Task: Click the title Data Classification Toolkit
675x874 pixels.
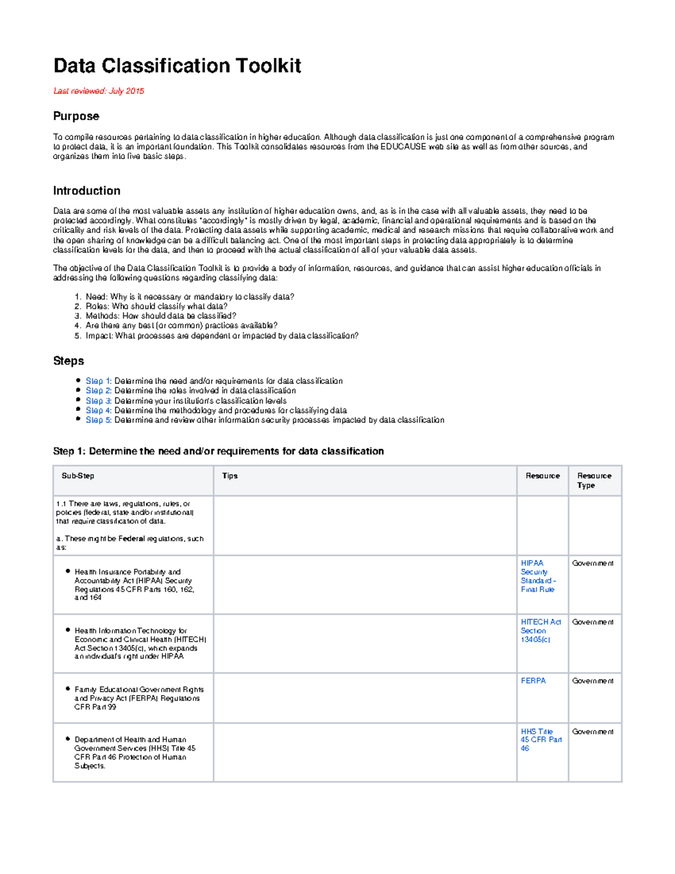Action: tap(177, 66)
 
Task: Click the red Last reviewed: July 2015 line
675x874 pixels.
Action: tap(98, 91)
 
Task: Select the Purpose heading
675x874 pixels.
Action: tap(76, 116)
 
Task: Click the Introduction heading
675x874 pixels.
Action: tap(87, 191)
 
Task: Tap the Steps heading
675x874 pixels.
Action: tap(69, 361)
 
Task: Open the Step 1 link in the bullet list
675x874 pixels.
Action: tap(98, 381)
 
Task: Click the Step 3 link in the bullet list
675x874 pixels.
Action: tap(98, 401)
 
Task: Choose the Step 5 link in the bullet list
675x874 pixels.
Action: tap(98, 420)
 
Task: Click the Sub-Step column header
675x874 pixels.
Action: tap(78, 476)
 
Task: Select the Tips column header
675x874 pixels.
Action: tap(230, 476)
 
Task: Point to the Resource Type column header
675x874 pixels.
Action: tap(594, 481)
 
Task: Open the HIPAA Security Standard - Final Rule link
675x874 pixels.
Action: tap(538, 576)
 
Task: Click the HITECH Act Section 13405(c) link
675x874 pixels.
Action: tap(540, 631)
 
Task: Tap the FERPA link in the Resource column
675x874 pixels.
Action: tap(533, 681)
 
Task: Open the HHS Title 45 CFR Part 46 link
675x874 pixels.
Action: tap(541, 740)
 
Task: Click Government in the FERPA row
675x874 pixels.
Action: tap(592, 681)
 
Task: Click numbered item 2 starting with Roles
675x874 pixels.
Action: tap(156, 306)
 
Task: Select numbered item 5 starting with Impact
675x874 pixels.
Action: tap(222, 336)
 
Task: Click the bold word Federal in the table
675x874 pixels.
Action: tap(132, 539)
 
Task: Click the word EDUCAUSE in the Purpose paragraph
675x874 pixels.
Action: tap(403, 147)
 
